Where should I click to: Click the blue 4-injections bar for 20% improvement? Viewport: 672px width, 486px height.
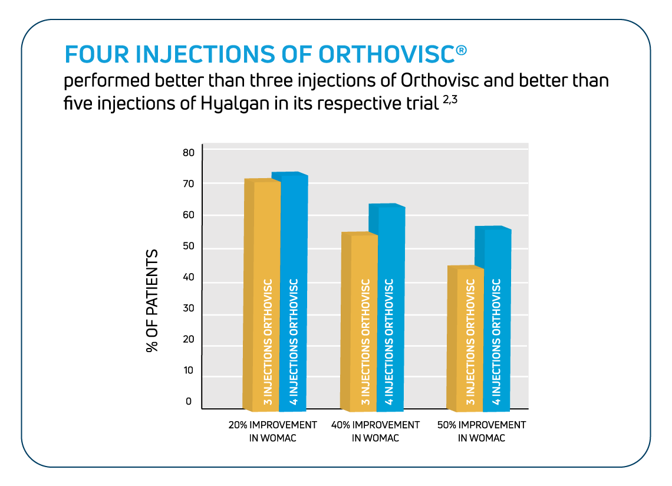294,292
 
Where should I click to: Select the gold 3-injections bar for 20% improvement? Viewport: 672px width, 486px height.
262,295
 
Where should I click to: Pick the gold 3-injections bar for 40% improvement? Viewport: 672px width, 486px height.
359,321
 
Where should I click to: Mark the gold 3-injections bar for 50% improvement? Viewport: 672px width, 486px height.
466,339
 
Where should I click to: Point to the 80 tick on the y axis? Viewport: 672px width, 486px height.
189,153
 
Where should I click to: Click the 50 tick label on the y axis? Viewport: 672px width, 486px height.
189,246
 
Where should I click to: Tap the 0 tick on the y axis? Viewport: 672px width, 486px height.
189,402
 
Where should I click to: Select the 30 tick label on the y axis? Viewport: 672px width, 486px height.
189,308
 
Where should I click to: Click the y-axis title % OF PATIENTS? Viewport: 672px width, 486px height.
152,301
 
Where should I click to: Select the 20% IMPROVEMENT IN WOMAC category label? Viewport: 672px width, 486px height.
272,431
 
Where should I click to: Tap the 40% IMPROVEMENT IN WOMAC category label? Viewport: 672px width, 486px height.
375,431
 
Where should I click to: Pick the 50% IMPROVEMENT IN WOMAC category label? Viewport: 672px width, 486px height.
481,431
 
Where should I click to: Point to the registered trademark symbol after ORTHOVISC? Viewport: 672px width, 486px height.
462,50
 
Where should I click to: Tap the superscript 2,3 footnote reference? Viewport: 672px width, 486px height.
450,100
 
